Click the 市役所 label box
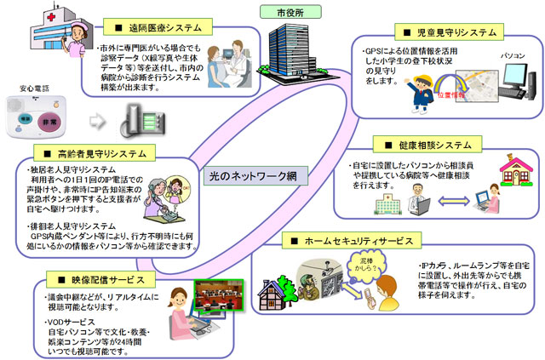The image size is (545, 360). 286,14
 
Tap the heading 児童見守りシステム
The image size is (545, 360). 449,33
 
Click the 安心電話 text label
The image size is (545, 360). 29,87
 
